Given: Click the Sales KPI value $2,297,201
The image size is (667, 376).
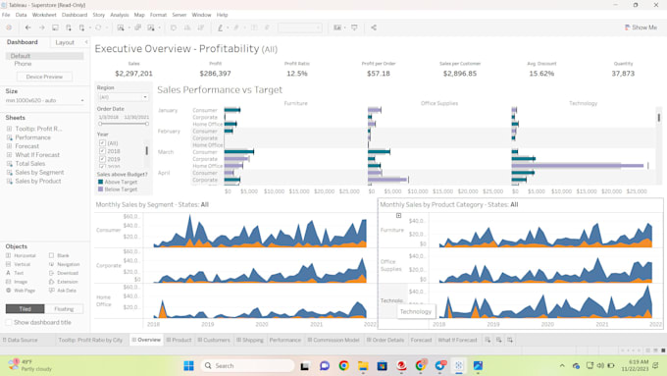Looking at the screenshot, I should click(x=133, y=74).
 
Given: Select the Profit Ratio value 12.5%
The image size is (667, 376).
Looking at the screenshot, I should click(x=296, y=74).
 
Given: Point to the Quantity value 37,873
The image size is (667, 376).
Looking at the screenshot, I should click(x=623, y=74).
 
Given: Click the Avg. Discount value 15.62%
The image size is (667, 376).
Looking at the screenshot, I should click(x=541, y=74).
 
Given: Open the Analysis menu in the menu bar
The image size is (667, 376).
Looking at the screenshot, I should click(x=120, y=15).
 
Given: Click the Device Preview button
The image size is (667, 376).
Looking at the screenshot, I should click(x=44, y=77).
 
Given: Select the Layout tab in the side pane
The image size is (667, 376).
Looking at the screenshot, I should click(x=65, y=42).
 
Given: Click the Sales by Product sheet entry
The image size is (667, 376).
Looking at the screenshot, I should click(x=37, y=182).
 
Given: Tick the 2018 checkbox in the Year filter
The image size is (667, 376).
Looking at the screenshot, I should click(x=102, y=151).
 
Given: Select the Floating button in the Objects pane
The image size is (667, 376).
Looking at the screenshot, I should click(x=63, y=308).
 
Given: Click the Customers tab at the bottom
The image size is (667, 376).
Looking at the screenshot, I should click(x=216, y=340).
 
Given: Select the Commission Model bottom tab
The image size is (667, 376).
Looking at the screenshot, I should click(x=335, y=340).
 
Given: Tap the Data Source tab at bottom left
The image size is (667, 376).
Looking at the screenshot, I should click(x=21, y=340).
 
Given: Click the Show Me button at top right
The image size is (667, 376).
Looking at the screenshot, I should click(x=641, y=27).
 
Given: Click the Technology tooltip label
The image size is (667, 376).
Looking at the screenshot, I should click(x=416, y=311).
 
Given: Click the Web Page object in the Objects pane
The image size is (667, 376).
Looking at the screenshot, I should click(x=24, y=291).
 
